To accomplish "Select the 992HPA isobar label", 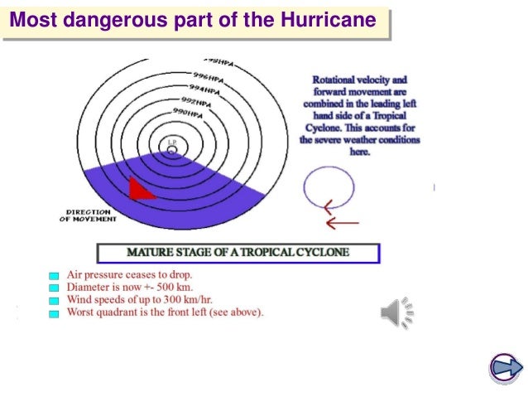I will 195,99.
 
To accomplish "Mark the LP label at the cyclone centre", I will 172,143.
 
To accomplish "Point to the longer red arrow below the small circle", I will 341,223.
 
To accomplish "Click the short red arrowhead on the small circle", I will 329,206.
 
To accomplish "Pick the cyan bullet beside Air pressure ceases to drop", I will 54,274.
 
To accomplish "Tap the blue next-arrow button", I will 505,368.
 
